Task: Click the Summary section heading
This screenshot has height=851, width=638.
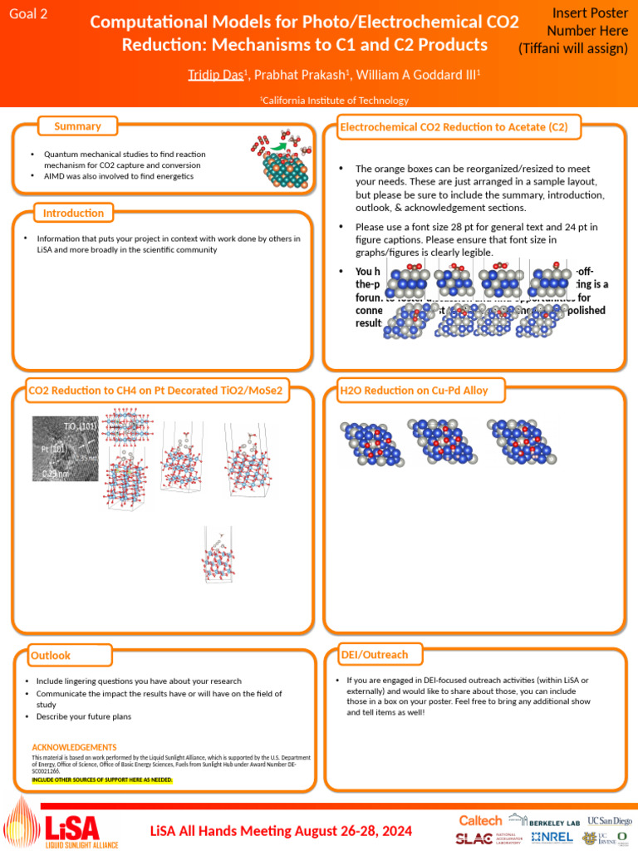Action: (77, 126)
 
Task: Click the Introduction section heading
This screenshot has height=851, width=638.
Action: (74, 214)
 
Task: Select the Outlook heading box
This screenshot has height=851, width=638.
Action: (51, 656)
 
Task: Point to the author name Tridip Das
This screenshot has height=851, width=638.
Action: (215, 76)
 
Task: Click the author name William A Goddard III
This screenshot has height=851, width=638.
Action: (419, 76)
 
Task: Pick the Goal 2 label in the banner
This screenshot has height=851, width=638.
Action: (28, 13)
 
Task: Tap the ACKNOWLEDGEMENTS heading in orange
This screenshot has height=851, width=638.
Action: (74, 747)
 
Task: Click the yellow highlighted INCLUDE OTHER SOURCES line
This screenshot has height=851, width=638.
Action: (102, 780)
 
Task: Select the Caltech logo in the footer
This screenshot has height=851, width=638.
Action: (480, 820)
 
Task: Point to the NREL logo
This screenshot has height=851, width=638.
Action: (552, 838)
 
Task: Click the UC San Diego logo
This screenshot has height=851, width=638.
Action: (610, 820)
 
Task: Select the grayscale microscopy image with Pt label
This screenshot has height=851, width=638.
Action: (65, 450)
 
